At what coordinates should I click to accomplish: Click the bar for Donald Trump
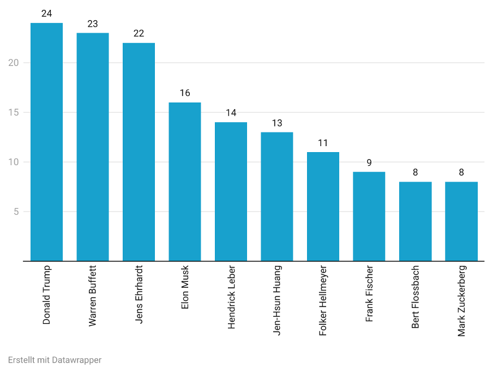click(46, 142)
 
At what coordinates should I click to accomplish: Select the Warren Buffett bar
click(93, 147)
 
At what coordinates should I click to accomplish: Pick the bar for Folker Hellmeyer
click(323, 207)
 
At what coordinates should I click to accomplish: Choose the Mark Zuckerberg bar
click(461, 221)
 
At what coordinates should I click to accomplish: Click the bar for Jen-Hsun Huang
click(277, 197)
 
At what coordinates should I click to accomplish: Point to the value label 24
click(46, 14)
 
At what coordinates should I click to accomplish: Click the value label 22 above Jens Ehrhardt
click(139, 34)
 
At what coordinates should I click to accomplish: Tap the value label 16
click(185, 93)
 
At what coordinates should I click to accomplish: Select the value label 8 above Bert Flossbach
click(415, 173)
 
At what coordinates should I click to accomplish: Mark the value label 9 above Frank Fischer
click(369, 163)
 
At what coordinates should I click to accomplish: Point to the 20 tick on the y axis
click(14, 63)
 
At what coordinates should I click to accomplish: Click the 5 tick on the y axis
click(16, 212)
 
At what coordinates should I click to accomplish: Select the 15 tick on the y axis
click(14, 112)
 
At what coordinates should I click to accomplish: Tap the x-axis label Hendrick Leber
click(231, 297)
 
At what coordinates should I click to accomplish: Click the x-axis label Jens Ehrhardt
click(139, 294)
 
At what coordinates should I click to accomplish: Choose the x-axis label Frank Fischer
click(370, 293)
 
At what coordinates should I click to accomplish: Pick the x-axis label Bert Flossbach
click(416, 297)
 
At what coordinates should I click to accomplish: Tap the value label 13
click(277, 123)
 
